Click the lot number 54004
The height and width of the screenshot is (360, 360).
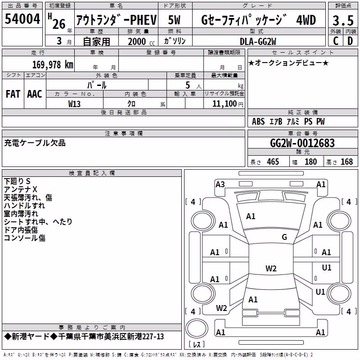(x=22, y=19)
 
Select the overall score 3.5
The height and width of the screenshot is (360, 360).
(x=343, y=20)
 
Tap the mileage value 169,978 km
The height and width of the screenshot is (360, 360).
(x=53, y=65)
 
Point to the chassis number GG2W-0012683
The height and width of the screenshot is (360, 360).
(x=302, y=143)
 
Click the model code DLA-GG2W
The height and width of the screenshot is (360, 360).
(x=258, y=41)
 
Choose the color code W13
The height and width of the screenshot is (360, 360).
(x=74, y=104)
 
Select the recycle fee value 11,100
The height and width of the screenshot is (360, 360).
(x=225, y=104)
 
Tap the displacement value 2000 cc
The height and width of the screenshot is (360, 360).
(x=141, y=41)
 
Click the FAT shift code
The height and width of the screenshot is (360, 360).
(x=13, y=94)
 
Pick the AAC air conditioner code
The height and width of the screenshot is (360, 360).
(x=35, y=94)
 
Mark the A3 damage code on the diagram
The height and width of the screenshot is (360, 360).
(x=220, y=184)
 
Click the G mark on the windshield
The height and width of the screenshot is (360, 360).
(x=284, y=237)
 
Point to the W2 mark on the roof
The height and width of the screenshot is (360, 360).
(x=271, y=268)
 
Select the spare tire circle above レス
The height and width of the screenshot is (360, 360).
(x=197, y=328)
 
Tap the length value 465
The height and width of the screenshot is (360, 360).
(x=273, y=162)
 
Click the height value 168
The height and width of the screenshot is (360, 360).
(x=346, y=162)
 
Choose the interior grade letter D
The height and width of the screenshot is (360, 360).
(x=350, y=41)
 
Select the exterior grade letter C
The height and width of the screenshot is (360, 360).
(x=336, y=41)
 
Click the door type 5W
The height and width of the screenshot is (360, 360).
(x=174, y=20)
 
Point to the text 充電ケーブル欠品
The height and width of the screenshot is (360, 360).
(x=35, y=143)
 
